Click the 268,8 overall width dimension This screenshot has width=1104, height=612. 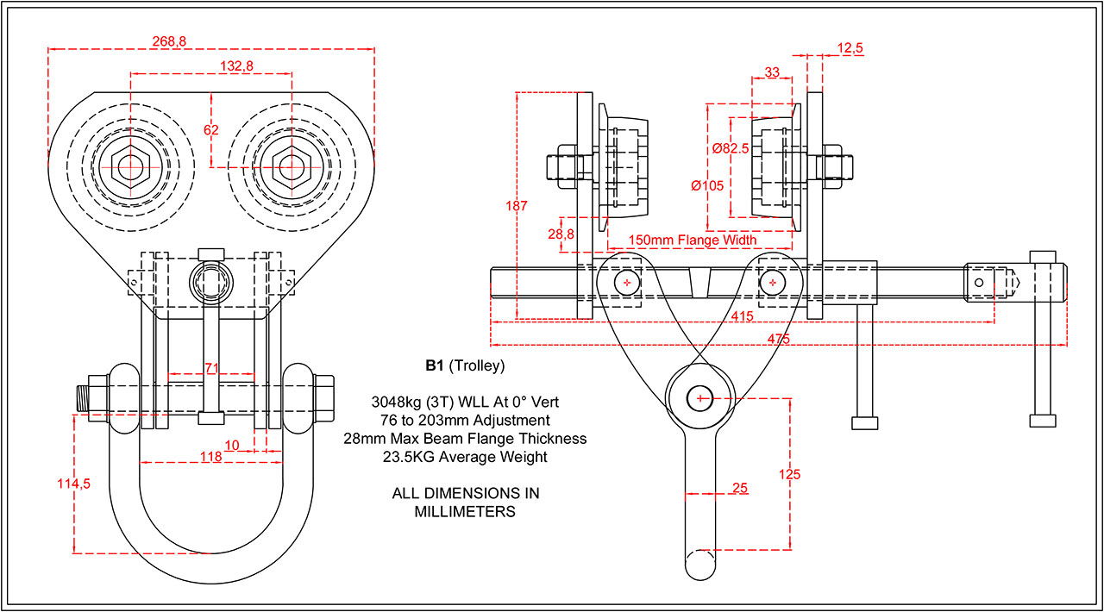click(x=168, y=41)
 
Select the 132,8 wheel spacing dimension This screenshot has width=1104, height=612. click(x=211, y=66)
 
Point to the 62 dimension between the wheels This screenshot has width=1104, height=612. click(x=211, y=129)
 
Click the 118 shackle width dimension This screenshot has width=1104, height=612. click(x=211, y=457)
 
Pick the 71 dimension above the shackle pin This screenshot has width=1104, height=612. click(x=211, y=367)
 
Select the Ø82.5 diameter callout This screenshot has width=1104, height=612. click(x=730, y=148)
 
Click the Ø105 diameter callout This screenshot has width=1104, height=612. click(x=707, y=184)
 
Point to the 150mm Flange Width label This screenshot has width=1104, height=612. click(x=692, y=240)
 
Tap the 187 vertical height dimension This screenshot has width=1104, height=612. click(x=517, y=205)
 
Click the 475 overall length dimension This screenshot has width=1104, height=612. click(x=778, y=339)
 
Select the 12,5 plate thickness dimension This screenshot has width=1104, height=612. click(x=850, y=49)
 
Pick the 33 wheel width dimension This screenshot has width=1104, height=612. click(x=773, y=72)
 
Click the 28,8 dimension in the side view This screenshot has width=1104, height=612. click(x=561, y=234)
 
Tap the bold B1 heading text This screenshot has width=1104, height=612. click(x=434, y=365)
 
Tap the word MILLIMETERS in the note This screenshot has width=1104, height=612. click(x=466, y=511)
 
